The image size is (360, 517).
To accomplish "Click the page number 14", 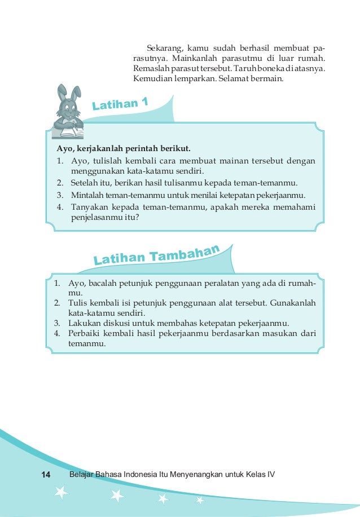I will pos(46,475).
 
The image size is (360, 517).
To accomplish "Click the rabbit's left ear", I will pos(63,93).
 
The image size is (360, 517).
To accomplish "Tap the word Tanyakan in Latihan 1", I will pos(89,207).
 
